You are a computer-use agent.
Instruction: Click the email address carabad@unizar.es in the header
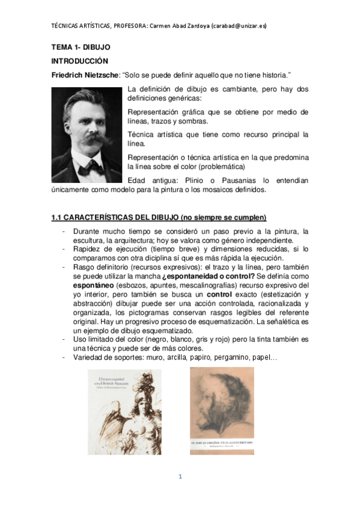point(240,26)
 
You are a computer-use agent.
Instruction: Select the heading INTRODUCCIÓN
point(79,61)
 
